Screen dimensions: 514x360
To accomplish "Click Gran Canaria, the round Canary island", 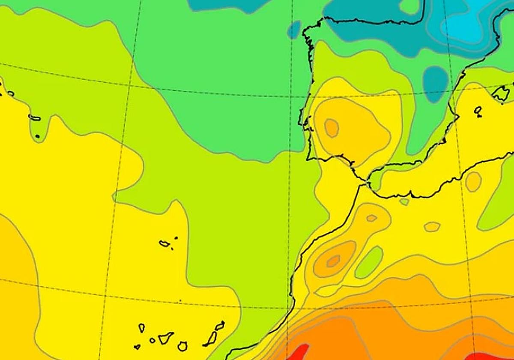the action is point(182,346).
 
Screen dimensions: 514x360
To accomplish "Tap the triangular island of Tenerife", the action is point(165,338).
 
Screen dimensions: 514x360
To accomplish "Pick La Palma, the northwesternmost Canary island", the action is point(141,328).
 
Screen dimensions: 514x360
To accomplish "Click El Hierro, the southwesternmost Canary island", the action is point(137,347).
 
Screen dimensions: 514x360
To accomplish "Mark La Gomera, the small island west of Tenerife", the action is point(152,341).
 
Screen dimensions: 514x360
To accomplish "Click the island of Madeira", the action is point(164,243).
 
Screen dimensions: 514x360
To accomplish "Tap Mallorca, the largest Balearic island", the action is point(501,93).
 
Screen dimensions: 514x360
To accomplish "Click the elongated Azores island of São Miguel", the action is point(35,118).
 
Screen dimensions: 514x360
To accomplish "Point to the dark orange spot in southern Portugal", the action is point(331,127).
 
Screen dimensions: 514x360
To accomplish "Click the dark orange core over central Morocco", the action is point(333,261).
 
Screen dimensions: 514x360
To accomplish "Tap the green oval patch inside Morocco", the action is point(369,262).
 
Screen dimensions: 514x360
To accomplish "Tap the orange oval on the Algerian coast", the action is point(473,181).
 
